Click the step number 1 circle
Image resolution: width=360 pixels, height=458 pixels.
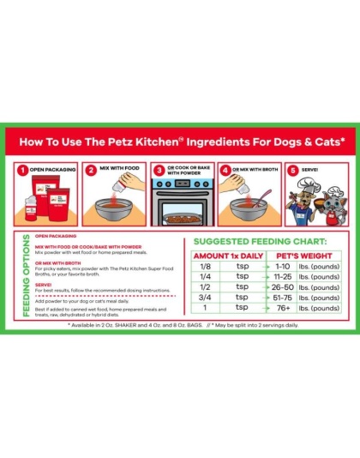click(24, 170)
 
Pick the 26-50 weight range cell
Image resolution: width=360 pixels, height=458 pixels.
click(284, 287)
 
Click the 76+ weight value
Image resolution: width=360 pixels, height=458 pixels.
click(284, 308)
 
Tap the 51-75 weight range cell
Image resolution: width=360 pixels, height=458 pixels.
click(284, 298)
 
